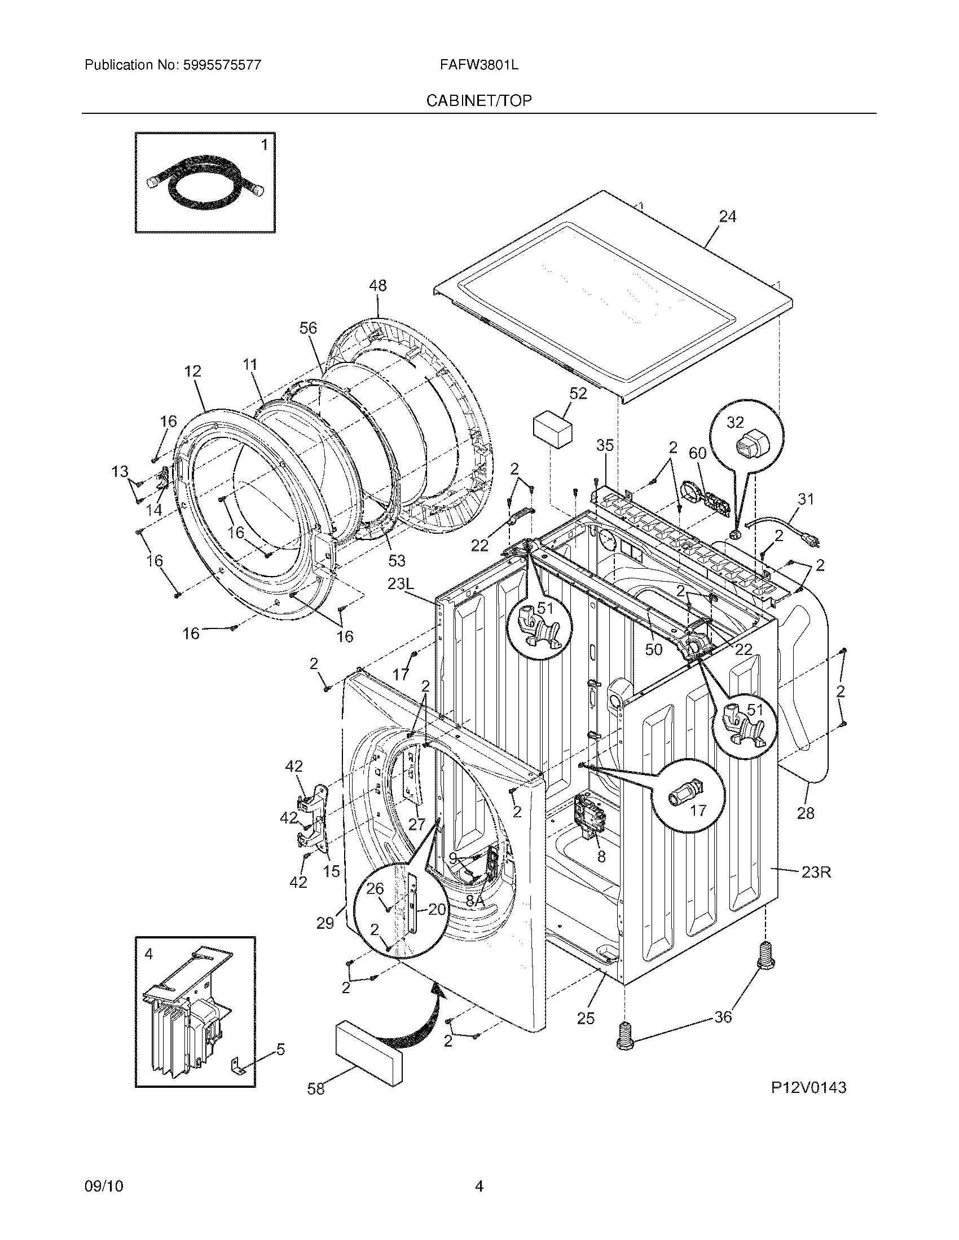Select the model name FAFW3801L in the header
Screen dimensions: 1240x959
[x=478, y=65]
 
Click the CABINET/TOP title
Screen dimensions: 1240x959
[x=479, y=101]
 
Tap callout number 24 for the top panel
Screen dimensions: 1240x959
[x=727, y=217]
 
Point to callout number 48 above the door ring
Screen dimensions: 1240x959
[x=377, y=286]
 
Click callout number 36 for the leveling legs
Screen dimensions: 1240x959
[x=723, y=1016]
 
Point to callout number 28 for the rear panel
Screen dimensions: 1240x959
[x=805, y=813]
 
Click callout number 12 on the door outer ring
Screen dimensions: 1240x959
[x=192, y=371]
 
